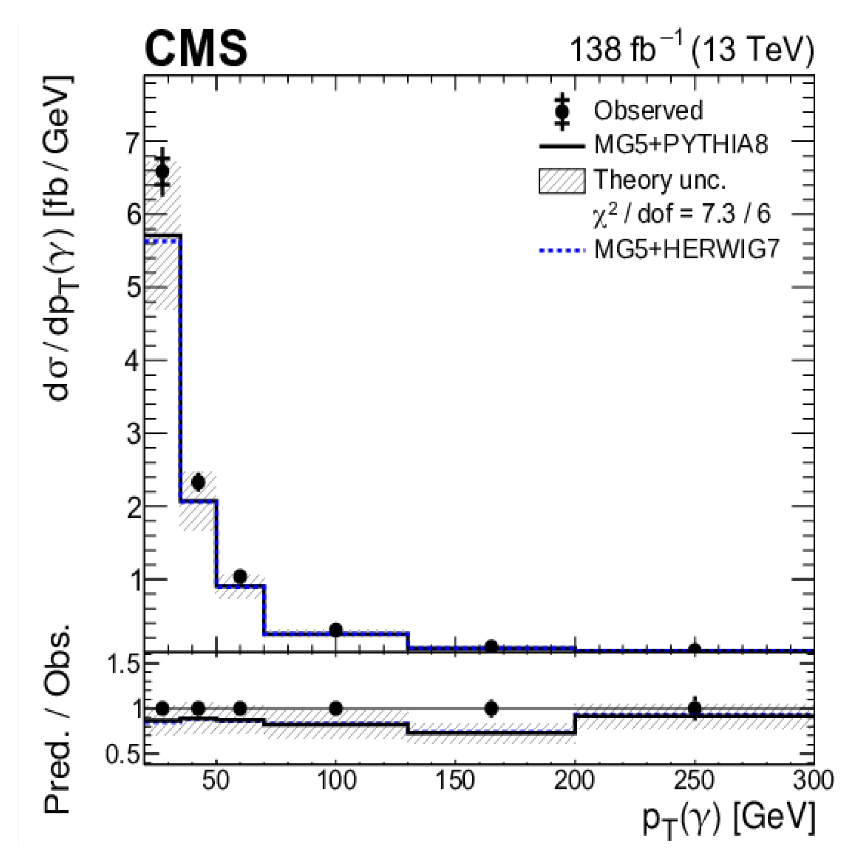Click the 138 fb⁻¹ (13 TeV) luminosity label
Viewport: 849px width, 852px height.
(691, 50)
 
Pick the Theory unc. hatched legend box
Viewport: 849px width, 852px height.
(562, 181)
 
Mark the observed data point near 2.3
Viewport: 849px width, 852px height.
(198, 482)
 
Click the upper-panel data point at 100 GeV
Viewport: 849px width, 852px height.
(336, 629)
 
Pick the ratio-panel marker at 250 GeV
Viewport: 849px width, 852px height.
(695, 708)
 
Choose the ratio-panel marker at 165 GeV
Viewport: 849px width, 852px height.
(491, 709)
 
